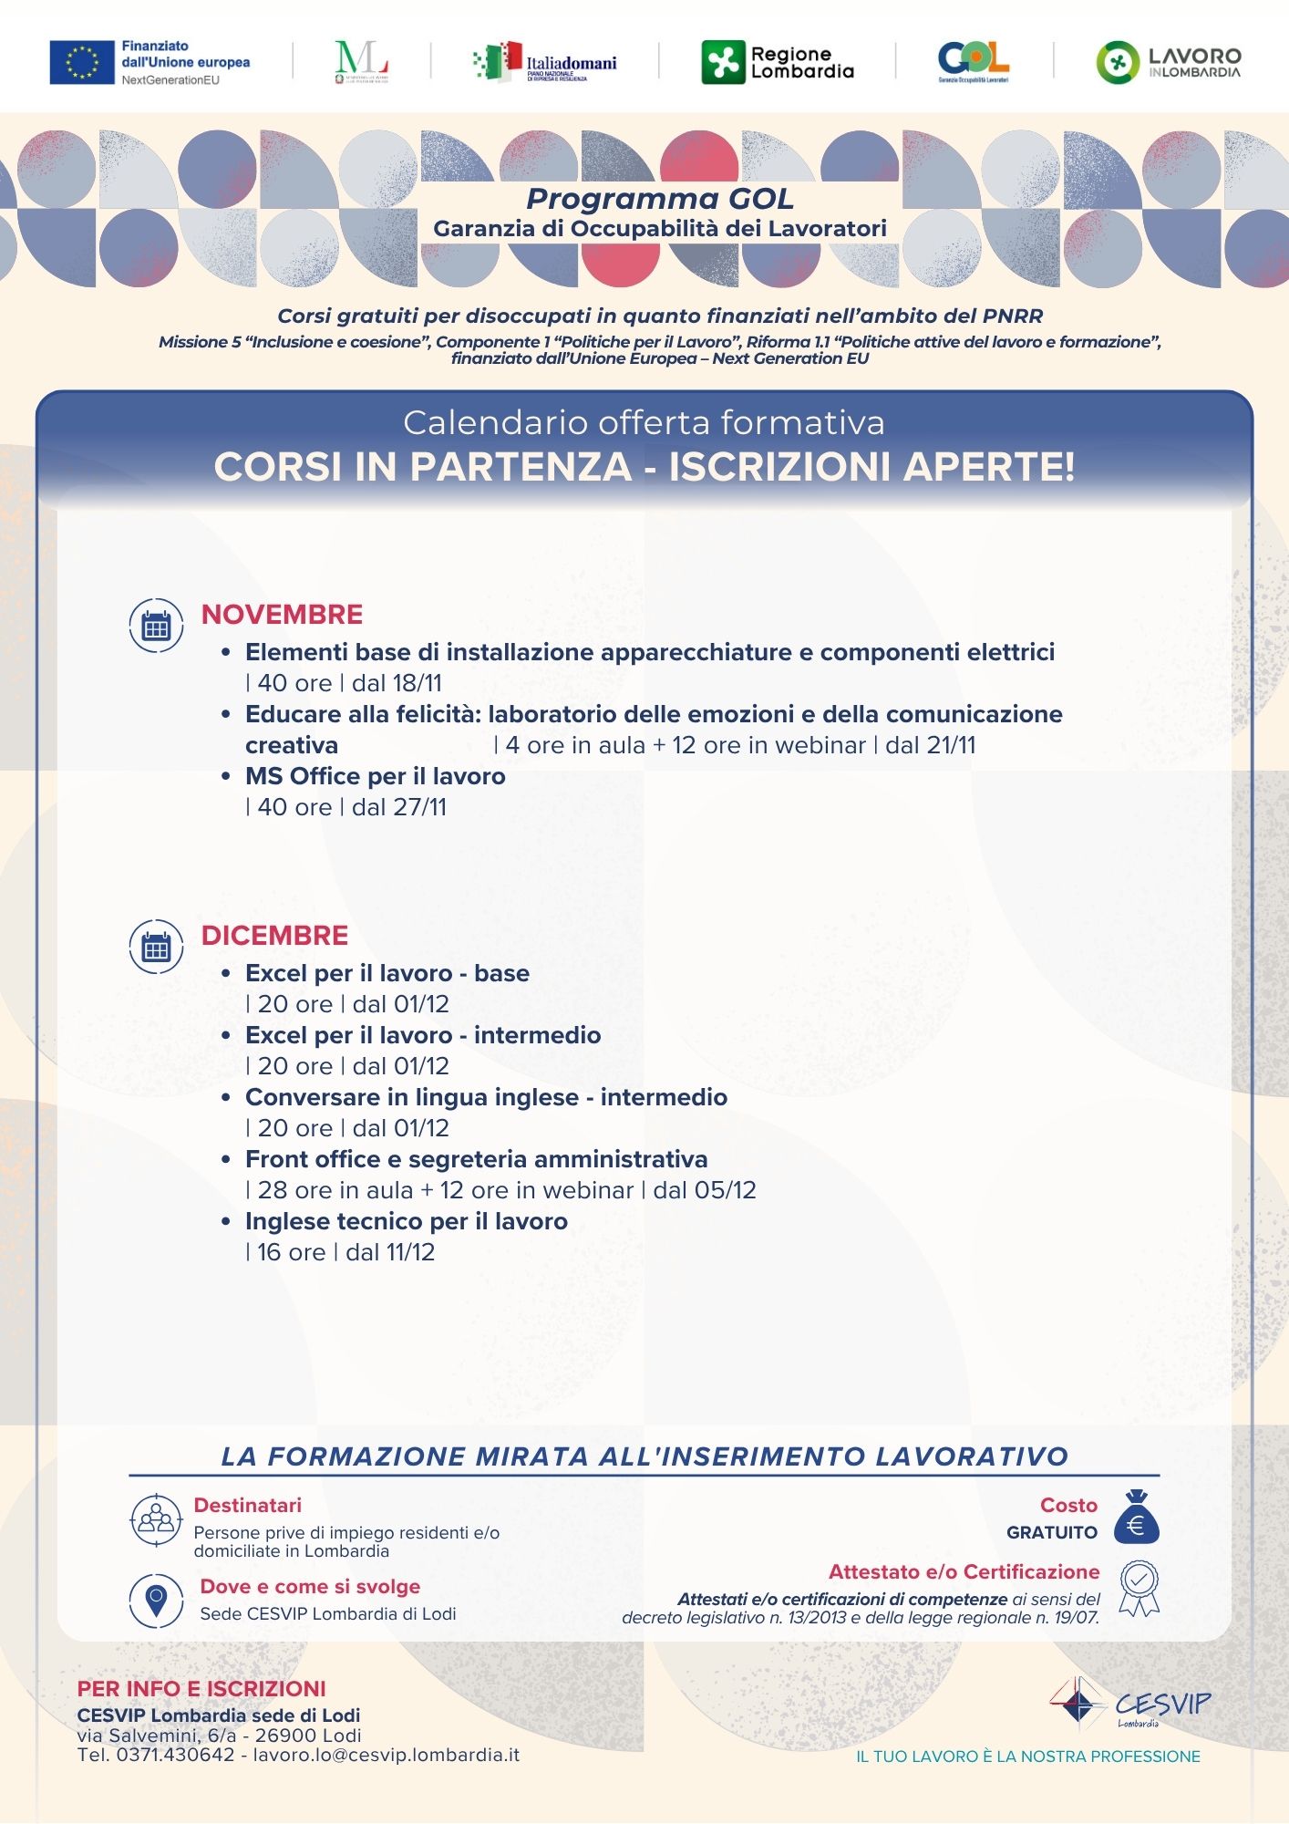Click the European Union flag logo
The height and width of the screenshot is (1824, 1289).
(x=81, y=62)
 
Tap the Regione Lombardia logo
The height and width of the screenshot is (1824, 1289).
(x=778, y=63)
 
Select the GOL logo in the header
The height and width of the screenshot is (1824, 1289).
(x=973, y=61)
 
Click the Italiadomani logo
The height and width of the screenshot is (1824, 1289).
(x=545, y=62)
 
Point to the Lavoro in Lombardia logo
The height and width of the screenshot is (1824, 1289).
(x=1168, y=63)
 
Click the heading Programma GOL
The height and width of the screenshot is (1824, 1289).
(x=659, y=199)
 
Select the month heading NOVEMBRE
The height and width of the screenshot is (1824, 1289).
(x=282, y=615)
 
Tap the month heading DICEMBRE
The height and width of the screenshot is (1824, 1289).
(x=274, y=936)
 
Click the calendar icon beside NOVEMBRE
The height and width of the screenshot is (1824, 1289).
(x=156, y=627)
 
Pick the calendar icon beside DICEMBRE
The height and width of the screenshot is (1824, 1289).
(x=156, y=948)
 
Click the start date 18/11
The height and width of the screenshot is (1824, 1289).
(x=417, y=683)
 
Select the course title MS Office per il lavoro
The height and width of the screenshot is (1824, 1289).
(x=375, y=776)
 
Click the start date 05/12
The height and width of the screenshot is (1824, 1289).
(x=725, y=1190)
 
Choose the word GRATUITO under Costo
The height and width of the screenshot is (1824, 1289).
(x=1051, y=1533)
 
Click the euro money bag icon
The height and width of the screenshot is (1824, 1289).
(x=1136, y=1517)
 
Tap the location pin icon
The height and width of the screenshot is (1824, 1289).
(x=156, y=1601)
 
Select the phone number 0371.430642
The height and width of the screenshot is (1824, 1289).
(x=175, y=1755)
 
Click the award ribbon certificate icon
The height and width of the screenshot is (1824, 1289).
(x=1139, y=1589)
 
